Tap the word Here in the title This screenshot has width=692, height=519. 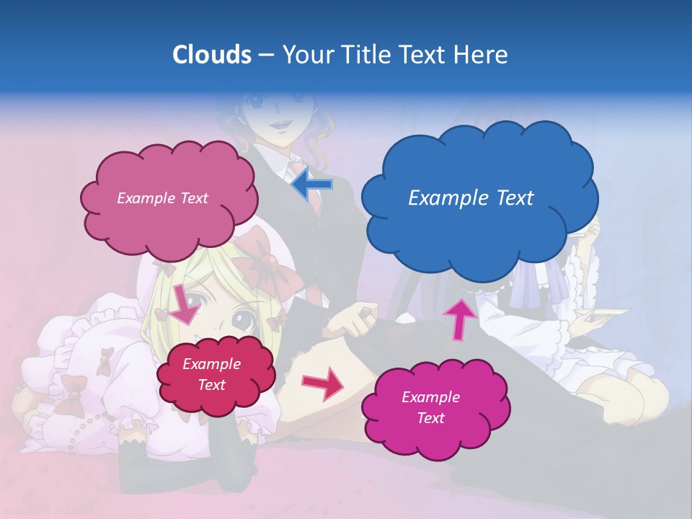(x=482, y=55)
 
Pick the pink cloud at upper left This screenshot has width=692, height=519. (x=169, y=198)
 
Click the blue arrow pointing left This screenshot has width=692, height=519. (x=312, y=185)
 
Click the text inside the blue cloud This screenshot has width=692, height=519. (x=471, y=198)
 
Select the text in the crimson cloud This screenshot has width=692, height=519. (x=211, y=375)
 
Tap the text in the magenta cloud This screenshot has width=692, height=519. (x=430, y=407)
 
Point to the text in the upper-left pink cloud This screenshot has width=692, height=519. (x=162, y=198)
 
